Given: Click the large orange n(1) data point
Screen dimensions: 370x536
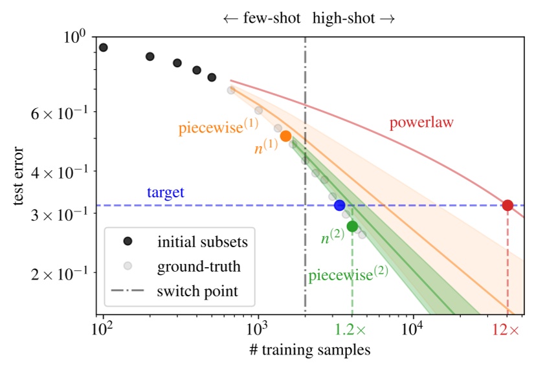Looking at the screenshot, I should [x=285, y=136].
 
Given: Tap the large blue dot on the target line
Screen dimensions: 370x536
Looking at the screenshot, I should [x=339, y=205].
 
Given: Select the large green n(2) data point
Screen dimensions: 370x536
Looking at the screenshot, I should [x=352, y=226].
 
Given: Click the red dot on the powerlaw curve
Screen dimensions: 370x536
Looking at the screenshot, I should [x=508, y=205].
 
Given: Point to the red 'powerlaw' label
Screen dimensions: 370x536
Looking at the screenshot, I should [x=421, y=122].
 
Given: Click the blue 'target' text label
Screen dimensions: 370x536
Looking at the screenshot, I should [x=165, y=192].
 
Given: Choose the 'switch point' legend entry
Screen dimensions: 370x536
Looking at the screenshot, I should [x=197, y=291].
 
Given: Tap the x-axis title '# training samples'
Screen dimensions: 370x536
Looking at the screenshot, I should [x=310, y=351].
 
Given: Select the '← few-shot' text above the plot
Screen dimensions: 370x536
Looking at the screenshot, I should [x=261, y=18].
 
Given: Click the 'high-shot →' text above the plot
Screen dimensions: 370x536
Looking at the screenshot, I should [x=353, y=18].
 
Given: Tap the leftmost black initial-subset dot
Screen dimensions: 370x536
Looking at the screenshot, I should [x=103, y=47].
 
